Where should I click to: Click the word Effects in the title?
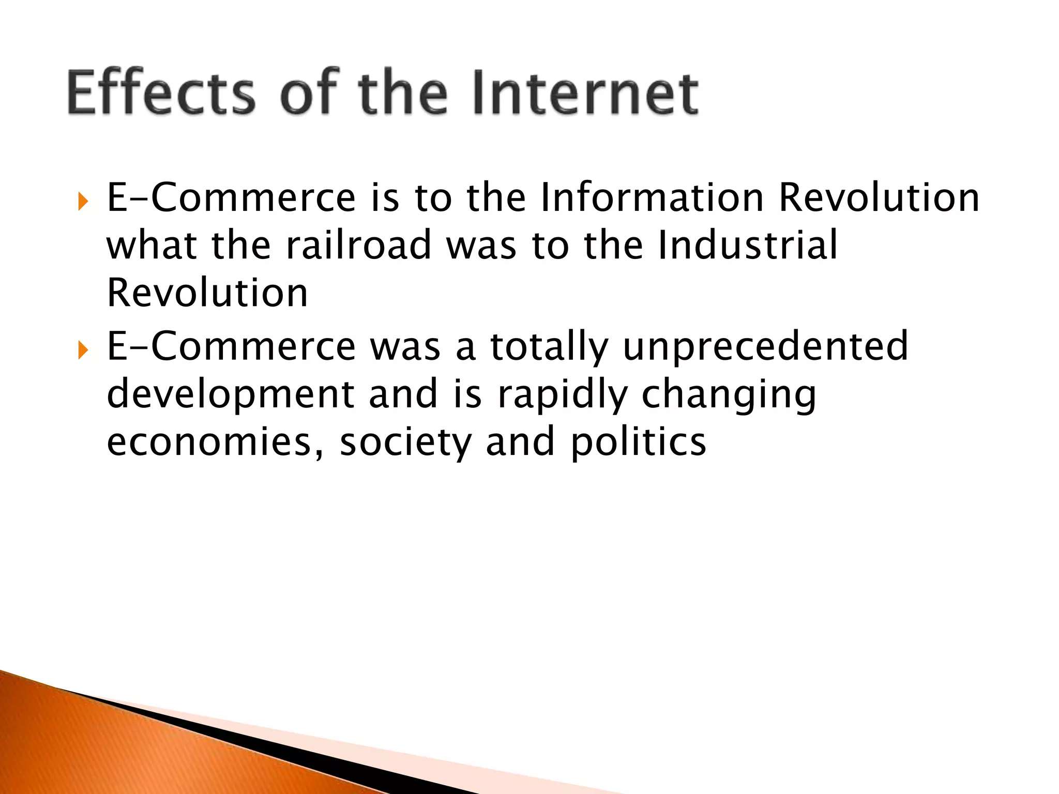pyautogui.click(x=161, y=93)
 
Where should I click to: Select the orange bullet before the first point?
pyautogui.click(x=83, y=201)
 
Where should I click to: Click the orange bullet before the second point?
pyautogui.click(x=83, y=350)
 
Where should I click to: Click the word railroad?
pyautogui.click(x=358, y=245)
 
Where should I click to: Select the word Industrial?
pyautogui.click(x=747, y=245)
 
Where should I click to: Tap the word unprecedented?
pyautogui.click(x=765, y=346)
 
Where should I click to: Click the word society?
pyautogui.click(x=405, y=442)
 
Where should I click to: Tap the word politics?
pyautogui.click(x=638, y=442)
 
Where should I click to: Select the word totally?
pyautogui.click(x=549, y=346)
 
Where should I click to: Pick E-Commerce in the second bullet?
pyautogui.click(x=231, y=346)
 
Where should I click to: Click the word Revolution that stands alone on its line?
pyautogui.click(x=207, y=293)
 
